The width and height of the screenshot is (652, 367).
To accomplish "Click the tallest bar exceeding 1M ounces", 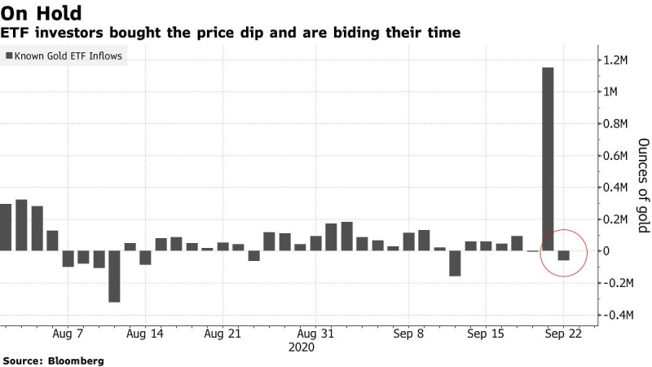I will [548, 159].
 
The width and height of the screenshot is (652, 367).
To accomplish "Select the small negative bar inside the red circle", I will [563, 256].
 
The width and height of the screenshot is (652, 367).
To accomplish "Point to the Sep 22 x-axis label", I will [563, 334].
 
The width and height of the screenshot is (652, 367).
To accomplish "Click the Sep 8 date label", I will [407, 334].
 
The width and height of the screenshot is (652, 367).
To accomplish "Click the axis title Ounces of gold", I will [643, 185].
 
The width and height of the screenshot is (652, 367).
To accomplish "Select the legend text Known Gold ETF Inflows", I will [68, 56].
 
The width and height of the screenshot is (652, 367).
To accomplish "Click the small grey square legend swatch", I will [9, 56].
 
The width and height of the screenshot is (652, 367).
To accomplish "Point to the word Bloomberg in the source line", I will [74, 360].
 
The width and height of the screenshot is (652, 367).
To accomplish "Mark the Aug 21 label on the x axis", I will [222, 334].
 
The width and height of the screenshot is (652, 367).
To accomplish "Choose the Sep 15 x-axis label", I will [485, 334].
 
